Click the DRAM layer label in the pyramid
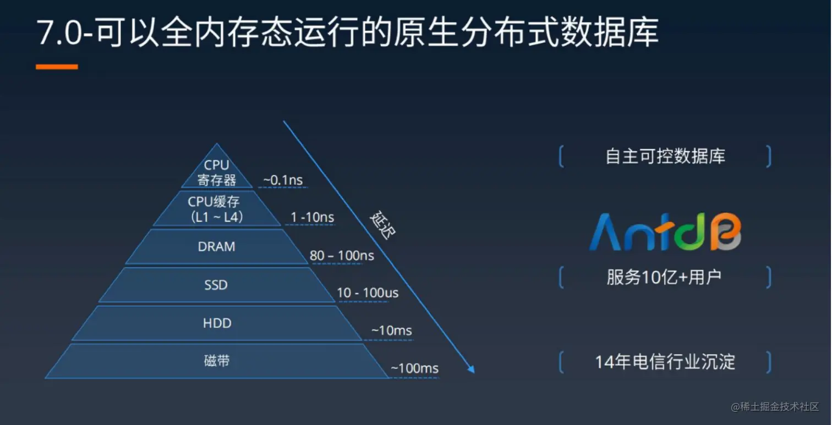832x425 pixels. click(217, 246)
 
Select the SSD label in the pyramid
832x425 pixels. click(216, 285)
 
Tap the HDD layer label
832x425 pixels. click(217, 323)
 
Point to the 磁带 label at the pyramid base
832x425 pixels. click(217, 361)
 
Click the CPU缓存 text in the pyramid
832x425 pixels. click(214, 202)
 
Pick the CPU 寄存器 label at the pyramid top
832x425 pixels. click(217, 173)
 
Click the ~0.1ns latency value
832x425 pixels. click(283, 180)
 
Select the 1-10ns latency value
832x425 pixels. click(312, 217)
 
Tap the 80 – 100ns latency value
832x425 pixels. click(342, 255)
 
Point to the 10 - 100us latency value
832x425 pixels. click(368, 293)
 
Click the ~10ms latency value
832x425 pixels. click(391, 330)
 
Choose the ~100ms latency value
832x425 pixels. click(414, 368)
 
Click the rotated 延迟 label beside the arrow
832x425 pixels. click(382, 225)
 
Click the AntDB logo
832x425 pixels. click(665, 231)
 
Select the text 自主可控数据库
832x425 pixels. click(665, 156)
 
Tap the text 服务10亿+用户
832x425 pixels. click(664, 277)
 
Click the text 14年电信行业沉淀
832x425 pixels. click(665, 362)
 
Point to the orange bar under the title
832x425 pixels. click(57, 67)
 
